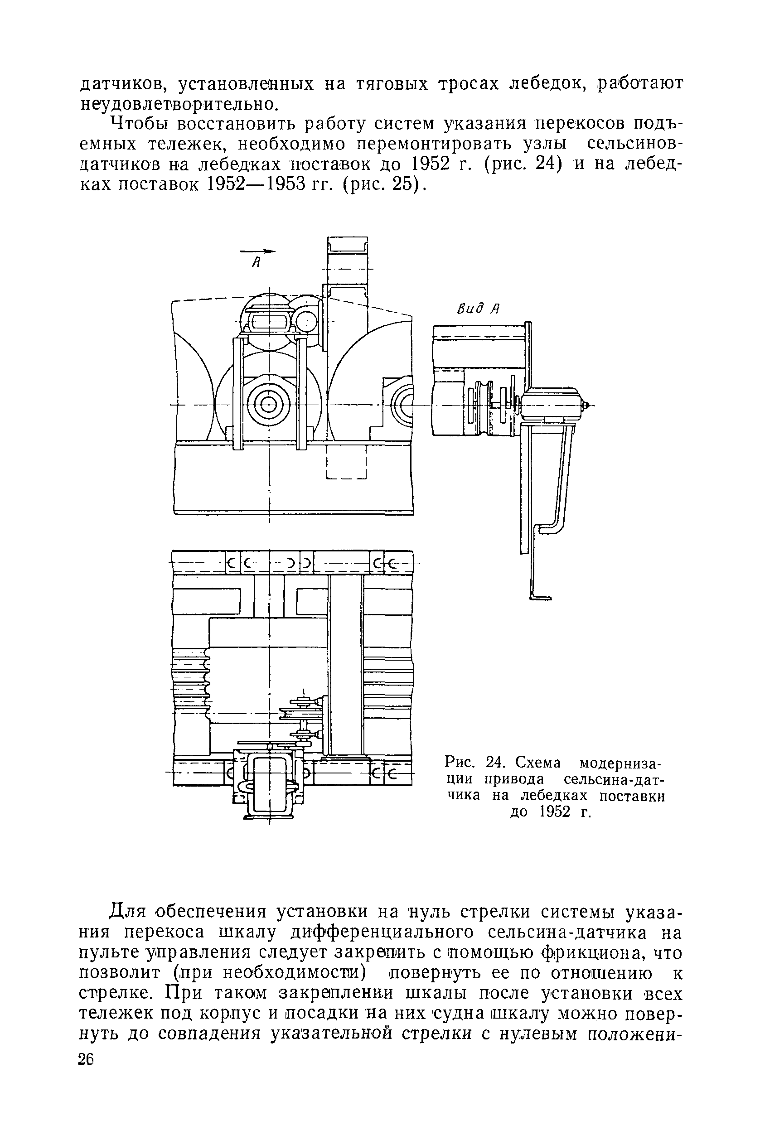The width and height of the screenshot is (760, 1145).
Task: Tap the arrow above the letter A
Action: [257, 251]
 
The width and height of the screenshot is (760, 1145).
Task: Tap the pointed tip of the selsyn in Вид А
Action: [587, 404]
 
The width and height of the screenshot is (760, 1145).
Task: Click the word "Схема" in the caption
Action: [537, 763]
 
